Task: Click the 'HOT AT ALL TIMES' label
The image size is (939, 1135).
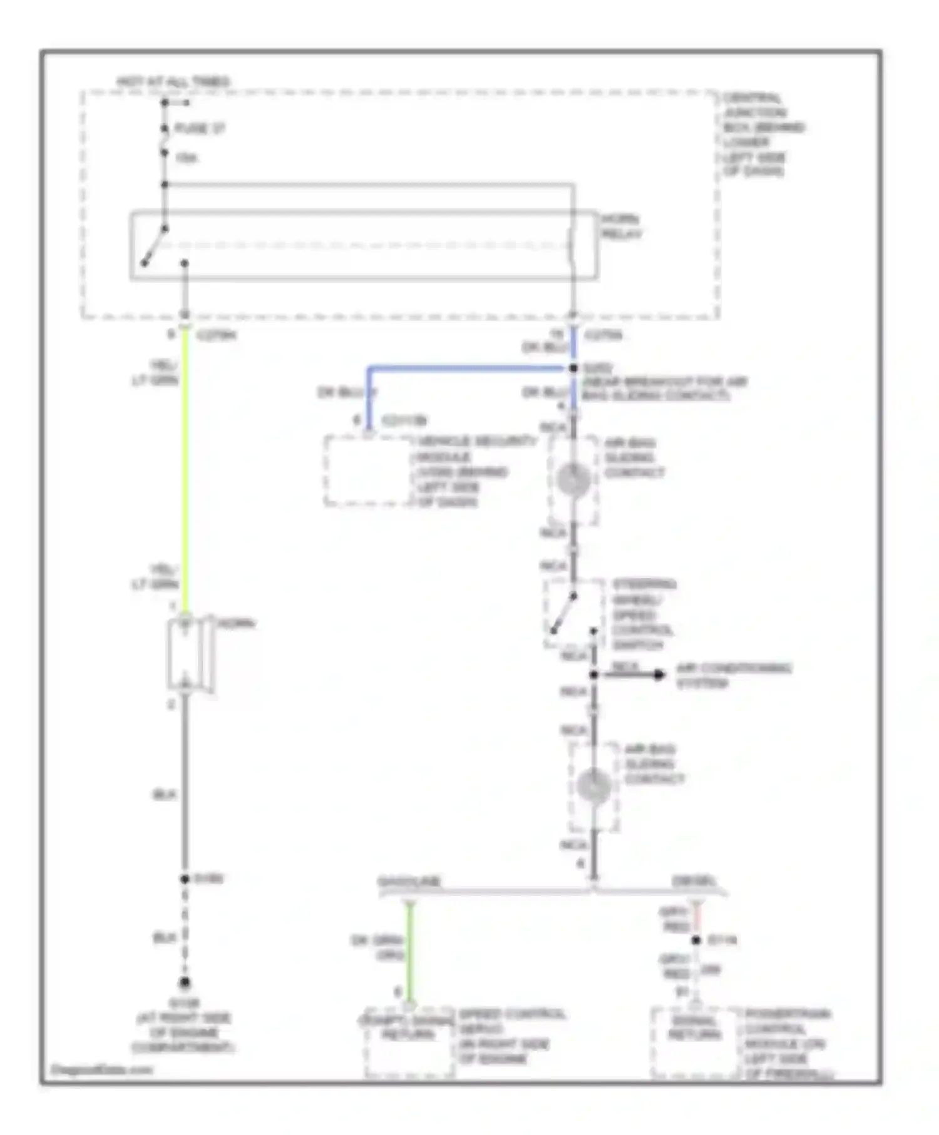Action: (173, 82)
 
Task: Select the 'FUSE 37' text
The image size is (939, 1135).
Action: (199, 129)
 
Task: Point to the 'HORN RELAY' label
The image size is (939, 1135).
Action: (621, 226)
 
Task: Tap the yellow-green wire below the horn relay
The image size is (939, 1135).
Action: (185, 469)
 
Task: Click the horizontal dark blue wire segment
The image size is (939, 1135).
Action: (469, 369)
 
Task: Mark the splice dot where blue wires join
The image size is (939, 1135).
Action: (573, 369)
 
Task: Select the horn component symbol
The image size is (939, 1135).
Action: (186, 655)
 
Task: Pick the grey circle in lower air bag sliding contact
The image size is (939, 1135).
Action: (593, 786)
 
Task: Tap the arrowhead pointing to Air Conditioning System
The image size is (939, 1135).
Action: (659, 674)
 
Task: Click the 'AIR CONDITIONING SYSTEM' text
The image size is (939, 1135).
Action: (732, 676)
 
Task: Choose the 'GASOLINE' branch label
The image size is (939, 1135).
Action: (409, 882)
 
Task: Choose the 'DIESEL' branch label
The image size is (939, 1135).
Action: (694, 882)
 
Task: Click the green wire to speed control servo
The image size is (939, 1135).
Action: (409, 951)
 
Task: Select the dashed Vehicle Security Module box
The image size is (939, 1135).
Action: (368, 471)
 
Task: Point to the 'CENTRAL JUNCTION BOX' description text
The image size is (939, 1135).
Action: (761, 135)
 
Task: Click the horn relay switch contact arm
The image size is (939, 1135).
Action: (154, 246)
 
